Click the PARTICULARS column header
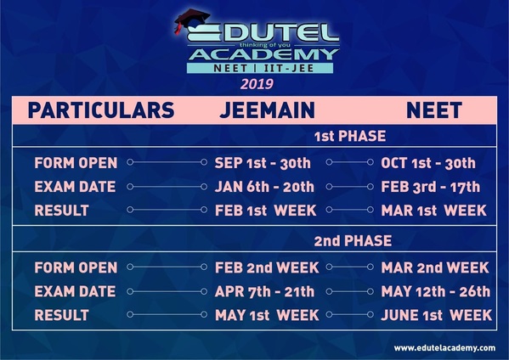pyautogui.click(x=101, y=110)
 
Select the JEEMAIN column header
pyautogui.click(x=267, y=110)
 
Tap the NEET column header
pyautogui.click(x=433, y=110)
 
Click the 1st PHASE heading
pyautogui.click(x=349, y=136)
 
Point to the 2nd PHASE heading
pyautogui.click(x=353, y=241)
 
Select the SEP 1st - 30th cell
pyautogui.click(x=263, y=163)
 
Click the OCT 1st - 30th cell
pyautogui.click(x=428, y=163)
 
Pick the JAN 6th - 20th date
pyautogui.click(x=264, y=187)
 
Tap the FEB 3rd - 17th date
pyautogui.click(x=431, y=187)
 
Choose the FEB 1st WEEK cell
pyautogui.click(x=265, y=211)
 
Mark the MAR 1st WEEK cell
pyautogui.click(x=433, y=211)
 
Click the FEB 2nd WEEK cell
pyautogui.click(x=267, y=267)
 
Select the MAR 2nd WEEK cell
pyautogui.click(x=435, y=267)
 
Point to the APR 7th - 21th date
pyautogui.click(x=264, y=291)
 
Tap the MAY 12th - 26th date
pyautogui.click(x=436, y=291)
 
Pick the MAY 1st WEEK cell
pyautogui.click(x=266, y=315)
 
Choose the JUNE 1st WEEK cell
pyautogui.click(x=436, y=315)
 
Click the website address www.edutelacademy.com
pyautogui.click(x=444, y=348)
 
